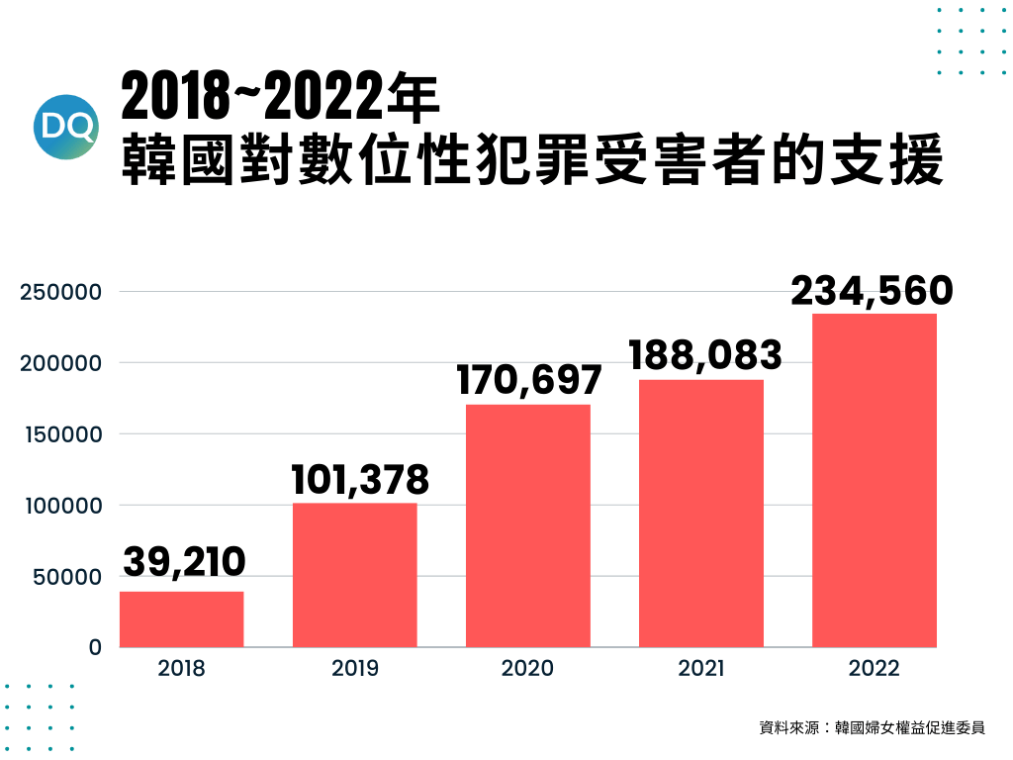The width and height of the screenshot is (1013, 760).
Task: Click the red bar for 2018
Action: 181,619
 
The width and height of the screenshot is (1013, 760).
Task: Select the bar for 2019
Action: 354,575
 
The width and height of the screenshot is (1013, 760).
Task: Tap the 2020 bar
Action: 528,525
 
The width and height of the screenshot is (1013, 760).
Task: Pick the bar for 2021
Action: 701,514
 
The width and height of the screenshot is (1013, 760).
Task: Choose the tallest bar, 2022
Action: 875,480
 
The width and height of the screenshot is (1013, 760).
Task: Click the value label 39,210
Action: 184,562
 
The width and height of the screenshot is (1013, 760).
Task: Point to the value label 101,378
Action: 359,480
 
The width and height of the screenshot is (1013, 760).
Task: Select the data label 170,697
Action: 529,380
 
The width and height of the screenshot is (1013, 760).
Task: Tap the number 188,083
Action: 705,355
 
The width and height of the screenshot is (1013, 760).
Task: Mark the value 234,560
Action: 873,291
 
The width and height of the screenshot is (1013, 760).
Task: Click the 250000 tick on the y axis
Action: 61,292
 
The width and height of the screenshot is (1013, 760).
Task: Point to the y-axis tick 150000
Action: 61,433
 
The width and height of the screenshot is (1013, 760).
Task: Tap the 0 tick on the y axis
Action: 96,647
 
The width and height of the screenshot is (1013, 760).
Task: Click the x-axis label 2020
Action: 527,669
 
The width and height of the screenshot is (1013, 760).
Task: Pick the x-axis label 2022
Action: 875,669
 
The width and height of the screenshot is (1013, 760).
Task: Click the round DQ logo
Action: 66,127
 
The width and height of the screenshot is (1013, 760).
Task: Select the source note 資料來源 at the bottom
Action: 872,728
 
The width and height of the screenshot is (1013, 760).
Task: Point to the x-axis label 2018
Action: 181,669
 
